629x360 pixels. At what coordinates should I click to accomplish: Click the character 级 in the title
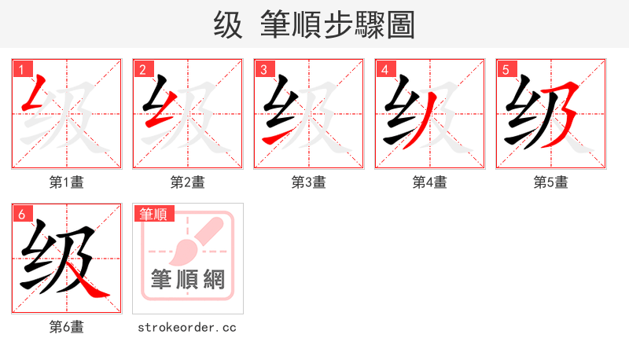point(228,25)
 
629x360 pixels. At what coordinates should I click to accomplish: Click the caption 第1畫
point(67,182)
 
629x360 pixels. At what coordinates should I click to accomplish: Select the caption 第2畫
point(188,182)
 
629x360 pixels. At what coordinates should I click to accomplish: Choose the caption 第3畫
point(309,182)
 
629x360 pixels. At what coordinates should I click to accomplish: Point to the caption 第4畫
point(430,182)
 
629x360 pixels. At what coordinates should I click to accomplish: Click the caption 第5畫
point(551,182)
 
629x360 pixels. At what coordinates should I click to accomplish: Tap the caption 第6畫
point(67,327)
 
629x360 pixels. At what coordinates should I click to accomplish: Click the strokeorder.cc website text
point(187,327)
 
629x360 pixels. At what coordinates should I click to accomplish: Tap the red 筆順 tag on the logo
point(153,214)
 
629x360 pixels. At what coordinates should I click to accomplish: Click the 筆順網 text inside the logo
point(188,279)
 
